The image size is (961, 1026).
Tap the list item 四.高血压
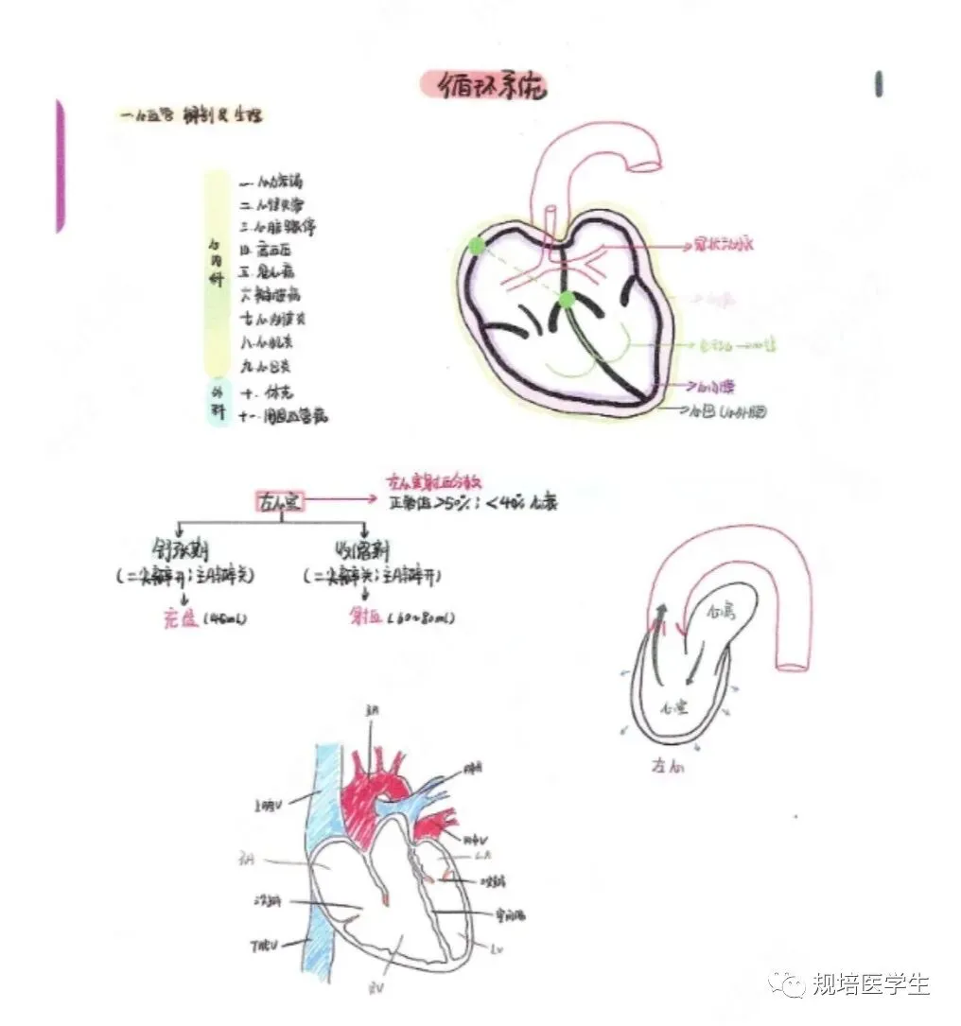(270, 249)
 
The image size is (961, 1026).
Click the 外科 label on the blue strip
(217, 402)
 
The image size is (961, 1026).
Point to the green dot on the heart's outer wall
(475, 246)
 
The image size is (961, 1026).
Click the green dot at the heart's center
(566, 300)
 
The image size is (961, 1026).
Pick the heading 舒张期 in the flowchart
(181, 551)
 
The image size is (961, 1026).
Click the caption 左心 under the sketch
(668, 764)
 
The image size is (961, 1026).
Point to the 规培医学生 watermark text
(870, 984)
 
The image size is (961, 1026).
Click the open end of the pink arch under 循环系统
(648, 165)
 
